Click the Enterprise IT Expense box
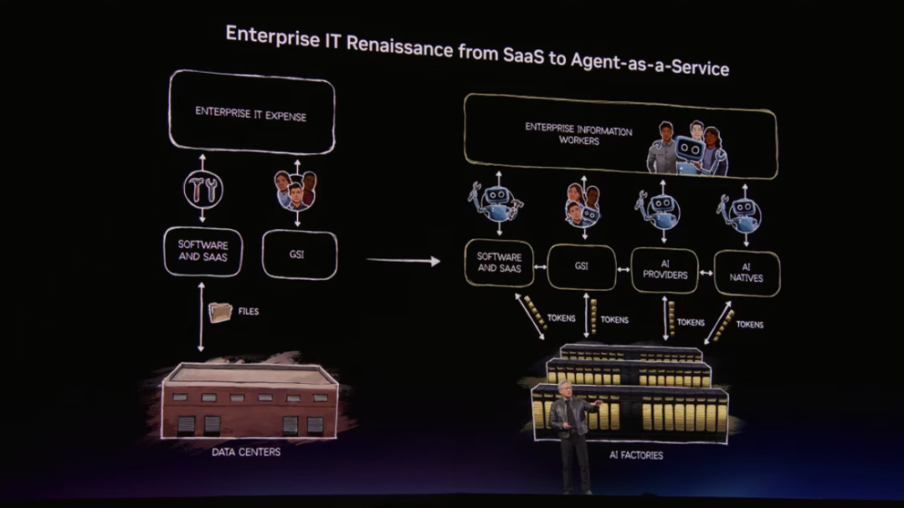click(x=251, y=113)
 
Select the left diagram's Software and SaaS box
click(x=202, y=251)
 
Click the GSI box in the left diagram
click(x=299, y=254)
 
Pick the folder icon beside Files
click(x=221, y=312)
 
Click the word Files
click(x=249, y=311)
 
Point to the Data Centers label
click(x=246, y=452)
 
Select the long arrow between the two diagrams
click(x=403, y=261)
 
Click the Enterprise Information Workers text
click(x=578, y=136)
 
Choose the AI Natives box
click(x=746, y=273)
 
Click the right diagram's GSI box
click(x=581, y=266)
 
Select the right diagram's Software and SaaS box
click(x=500, y=262)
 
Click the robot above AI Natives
click(x=742, y=213)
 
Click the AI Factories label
click(x=636, y=455)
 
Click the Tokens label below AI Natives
click(x=750, y=325)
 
